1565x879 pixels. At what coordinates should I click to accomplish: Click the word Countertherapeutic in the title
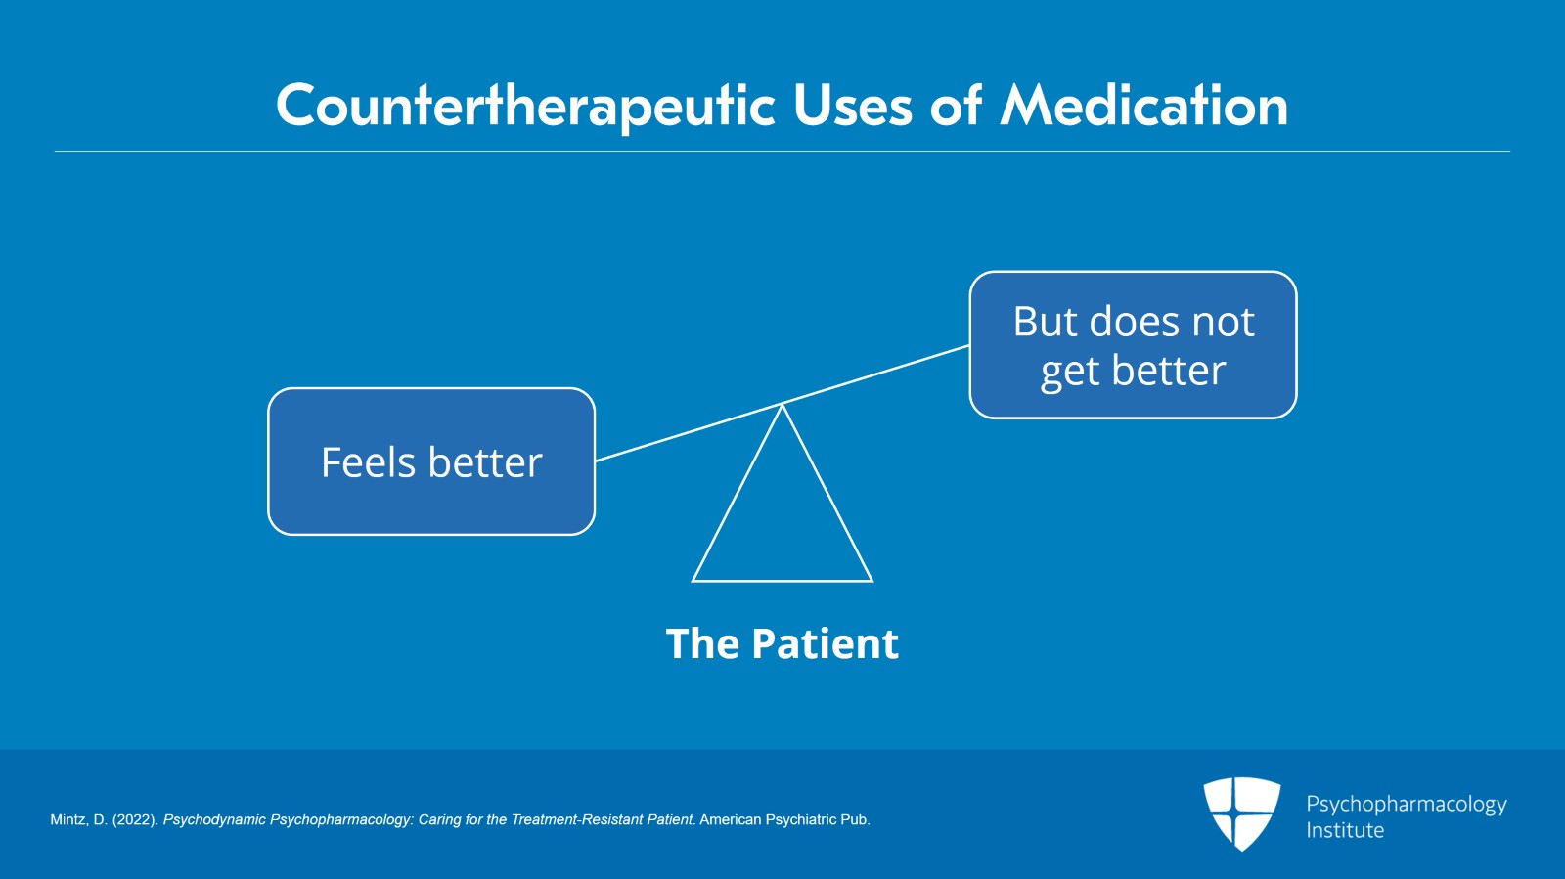[x=526, y=106]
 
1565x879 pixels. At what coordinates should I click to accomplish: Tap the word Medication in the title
[x=1143, y=106]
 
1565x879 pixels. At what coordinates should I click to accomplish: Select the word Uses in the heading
[x=852, y=106]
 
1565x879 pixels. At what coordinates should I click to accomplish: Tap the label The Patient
[x=782, y=644]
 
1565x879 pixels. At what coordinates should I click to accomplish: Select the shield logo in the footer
[x=1241, y=813]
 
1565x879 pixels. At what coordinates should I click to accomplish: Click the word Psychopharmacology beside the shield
[x=1406, y=804]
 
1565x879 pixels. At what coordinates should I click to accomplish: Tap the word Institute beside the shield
[x=1345, y=831]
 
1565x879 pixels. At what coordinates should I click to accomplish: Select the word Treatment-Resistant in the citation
[x=572, y=820]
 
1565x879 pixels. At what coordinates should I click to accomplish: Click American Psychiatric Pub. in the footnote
[x=784, y=820]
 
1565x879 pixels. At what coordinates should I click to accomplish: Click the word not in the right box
[x=1223, y=322]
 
